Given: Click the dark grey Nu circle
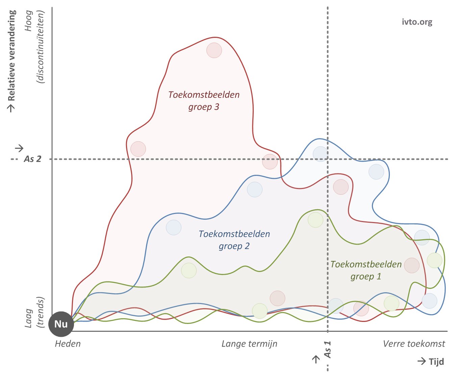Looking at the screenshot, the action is click(x=61, y=324).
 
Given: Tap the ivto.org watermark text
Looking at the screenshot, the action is click(x=417, y=22).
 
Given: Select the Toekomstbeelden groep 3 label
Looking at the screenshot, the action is click(x=204, y=101).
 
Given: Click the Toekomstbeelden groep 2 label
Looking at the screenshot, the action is click(x=234, y=240).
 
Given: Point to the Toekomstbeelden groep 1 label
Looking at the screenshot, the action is click(x=366, y=270).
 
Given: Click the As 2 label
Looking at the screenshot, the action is click(x=32, y=159).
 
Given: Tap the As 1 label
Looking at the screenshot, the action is click(x=328, y=349).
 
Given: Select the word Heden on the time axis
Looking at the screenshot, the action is click(x=68, y=344).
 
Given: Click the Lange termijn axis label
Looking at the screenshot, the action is click(x=249, y=344).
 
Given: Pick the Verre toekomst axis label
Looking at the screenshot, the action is click(x=414, y=344).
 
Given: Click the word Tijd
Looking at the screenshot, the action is click(x=436, y=362).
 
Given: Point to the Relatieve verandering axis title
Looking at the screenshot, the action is click(x=11, y=56).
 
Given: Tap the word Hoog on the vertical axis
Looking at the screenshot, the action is click(x=29, y=21).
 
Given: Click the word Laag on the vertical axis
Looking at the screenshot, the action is click(x=29, y=318).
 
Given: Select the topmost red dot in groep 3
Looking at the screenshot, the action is click(x=214, y=50).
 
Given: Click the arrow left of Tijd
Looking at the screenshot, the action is click(x=422, y=361).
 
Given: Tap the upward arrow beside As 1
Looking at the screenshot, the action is click(x=316, y=359).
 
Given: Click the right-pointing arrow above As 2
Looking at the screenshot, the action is click(x=19, y=148).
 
